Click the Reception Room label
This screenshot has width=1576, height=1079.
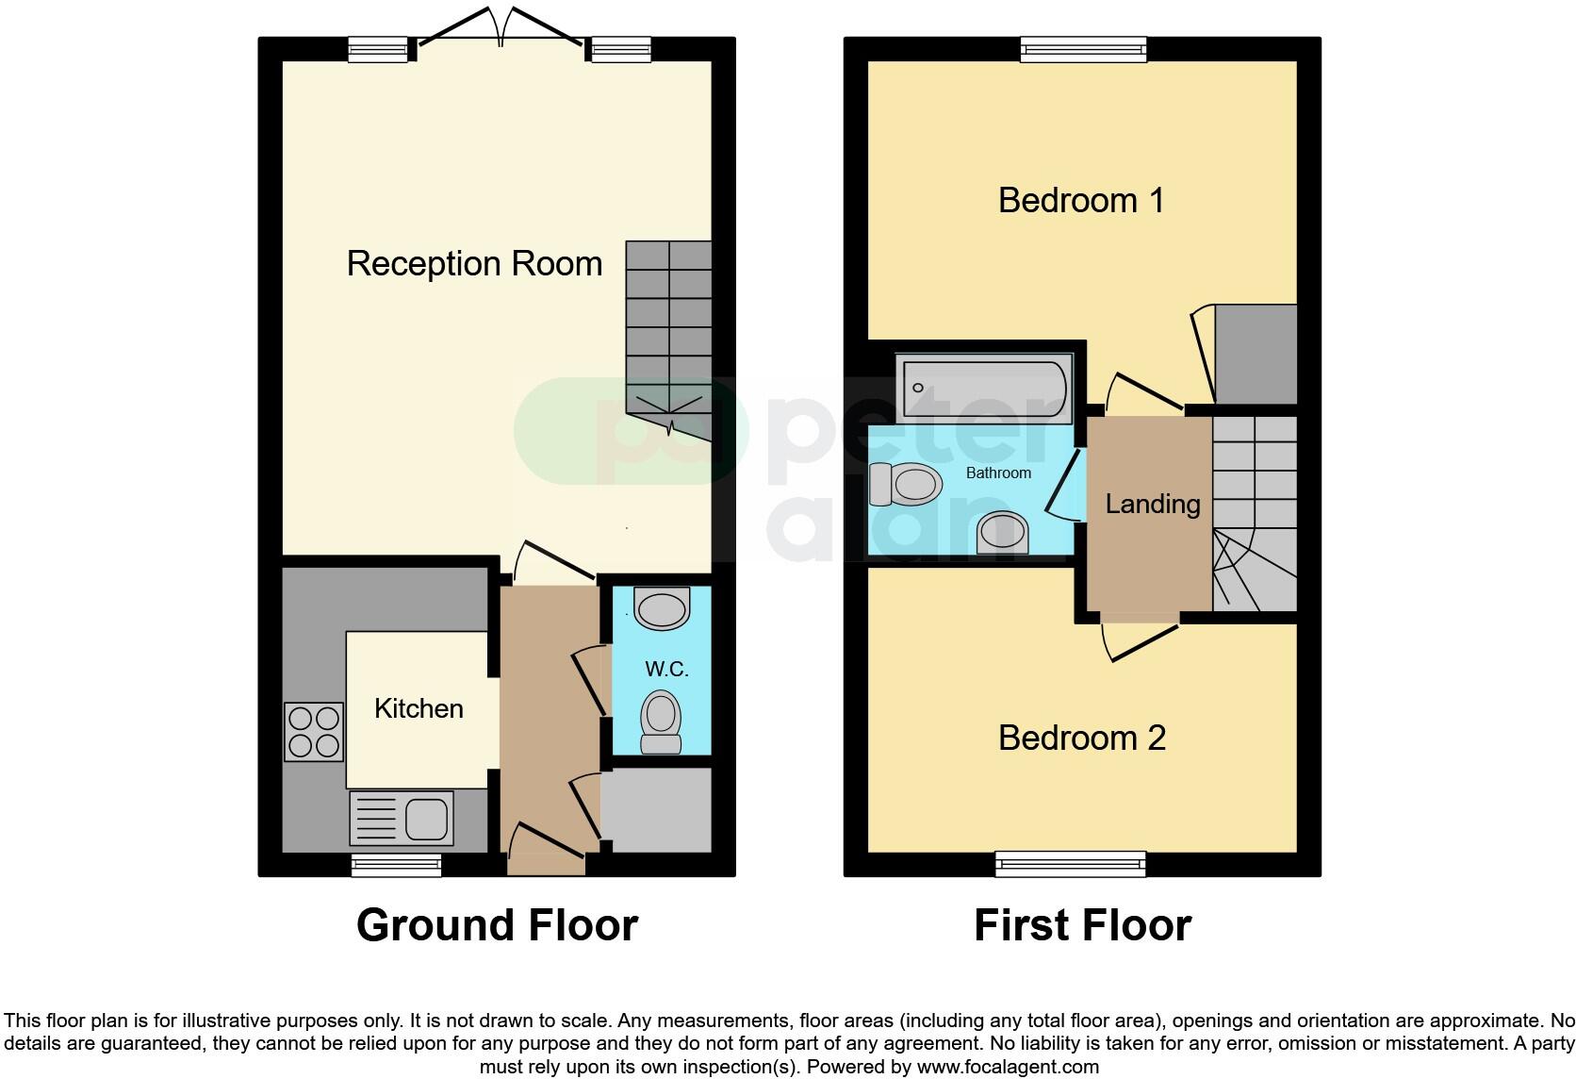[x=474, y=263]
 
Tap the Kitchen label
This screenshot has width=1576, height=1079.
[x=419, y=708]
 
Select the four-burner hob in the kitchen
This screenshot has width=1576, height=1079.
[x=314, y=732]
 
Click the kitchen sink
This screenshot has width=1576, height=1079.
[x=402, y=818]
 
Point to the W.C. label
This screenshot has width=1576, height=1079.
[x=666, y=670]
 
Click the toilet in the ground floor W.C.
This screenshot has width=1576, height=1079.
[x=661, y=723]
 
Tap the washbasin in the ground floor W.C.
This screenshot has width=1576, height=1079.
[x=662, y=607]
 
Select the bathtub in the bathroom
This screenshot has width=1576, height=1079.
[x=984, y=389]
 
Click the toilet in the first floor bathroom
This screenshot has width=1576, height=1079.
[x=906, y=484]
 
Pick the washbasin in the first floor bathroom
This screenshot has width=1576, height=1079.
[x=1002, y=533]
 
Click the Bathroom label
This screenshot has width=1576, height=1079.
[x=998, y=473]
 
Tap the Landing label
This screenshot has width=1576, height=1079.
[x=1152, y=505]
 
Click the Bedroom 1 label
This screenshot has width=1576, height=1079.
[x=1080, y=200]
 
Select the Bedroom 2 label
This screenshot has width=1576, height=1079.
[x=1081, y=738]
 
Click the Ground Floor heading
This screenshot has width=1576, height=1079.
[x=497, y=925]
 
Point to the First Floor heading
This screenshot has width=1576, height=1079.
[x=1082, y=925]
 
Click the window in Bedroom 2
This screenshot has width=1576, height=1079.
[x=1071, y=863]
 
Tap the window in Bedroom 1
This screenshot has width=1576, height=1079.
[x=1083, y=49]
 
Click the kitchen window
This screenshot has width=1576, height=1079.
[x=396, y=865]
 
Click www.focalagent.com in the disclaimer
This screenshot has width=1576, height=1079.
[x=1008, y=1068]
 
